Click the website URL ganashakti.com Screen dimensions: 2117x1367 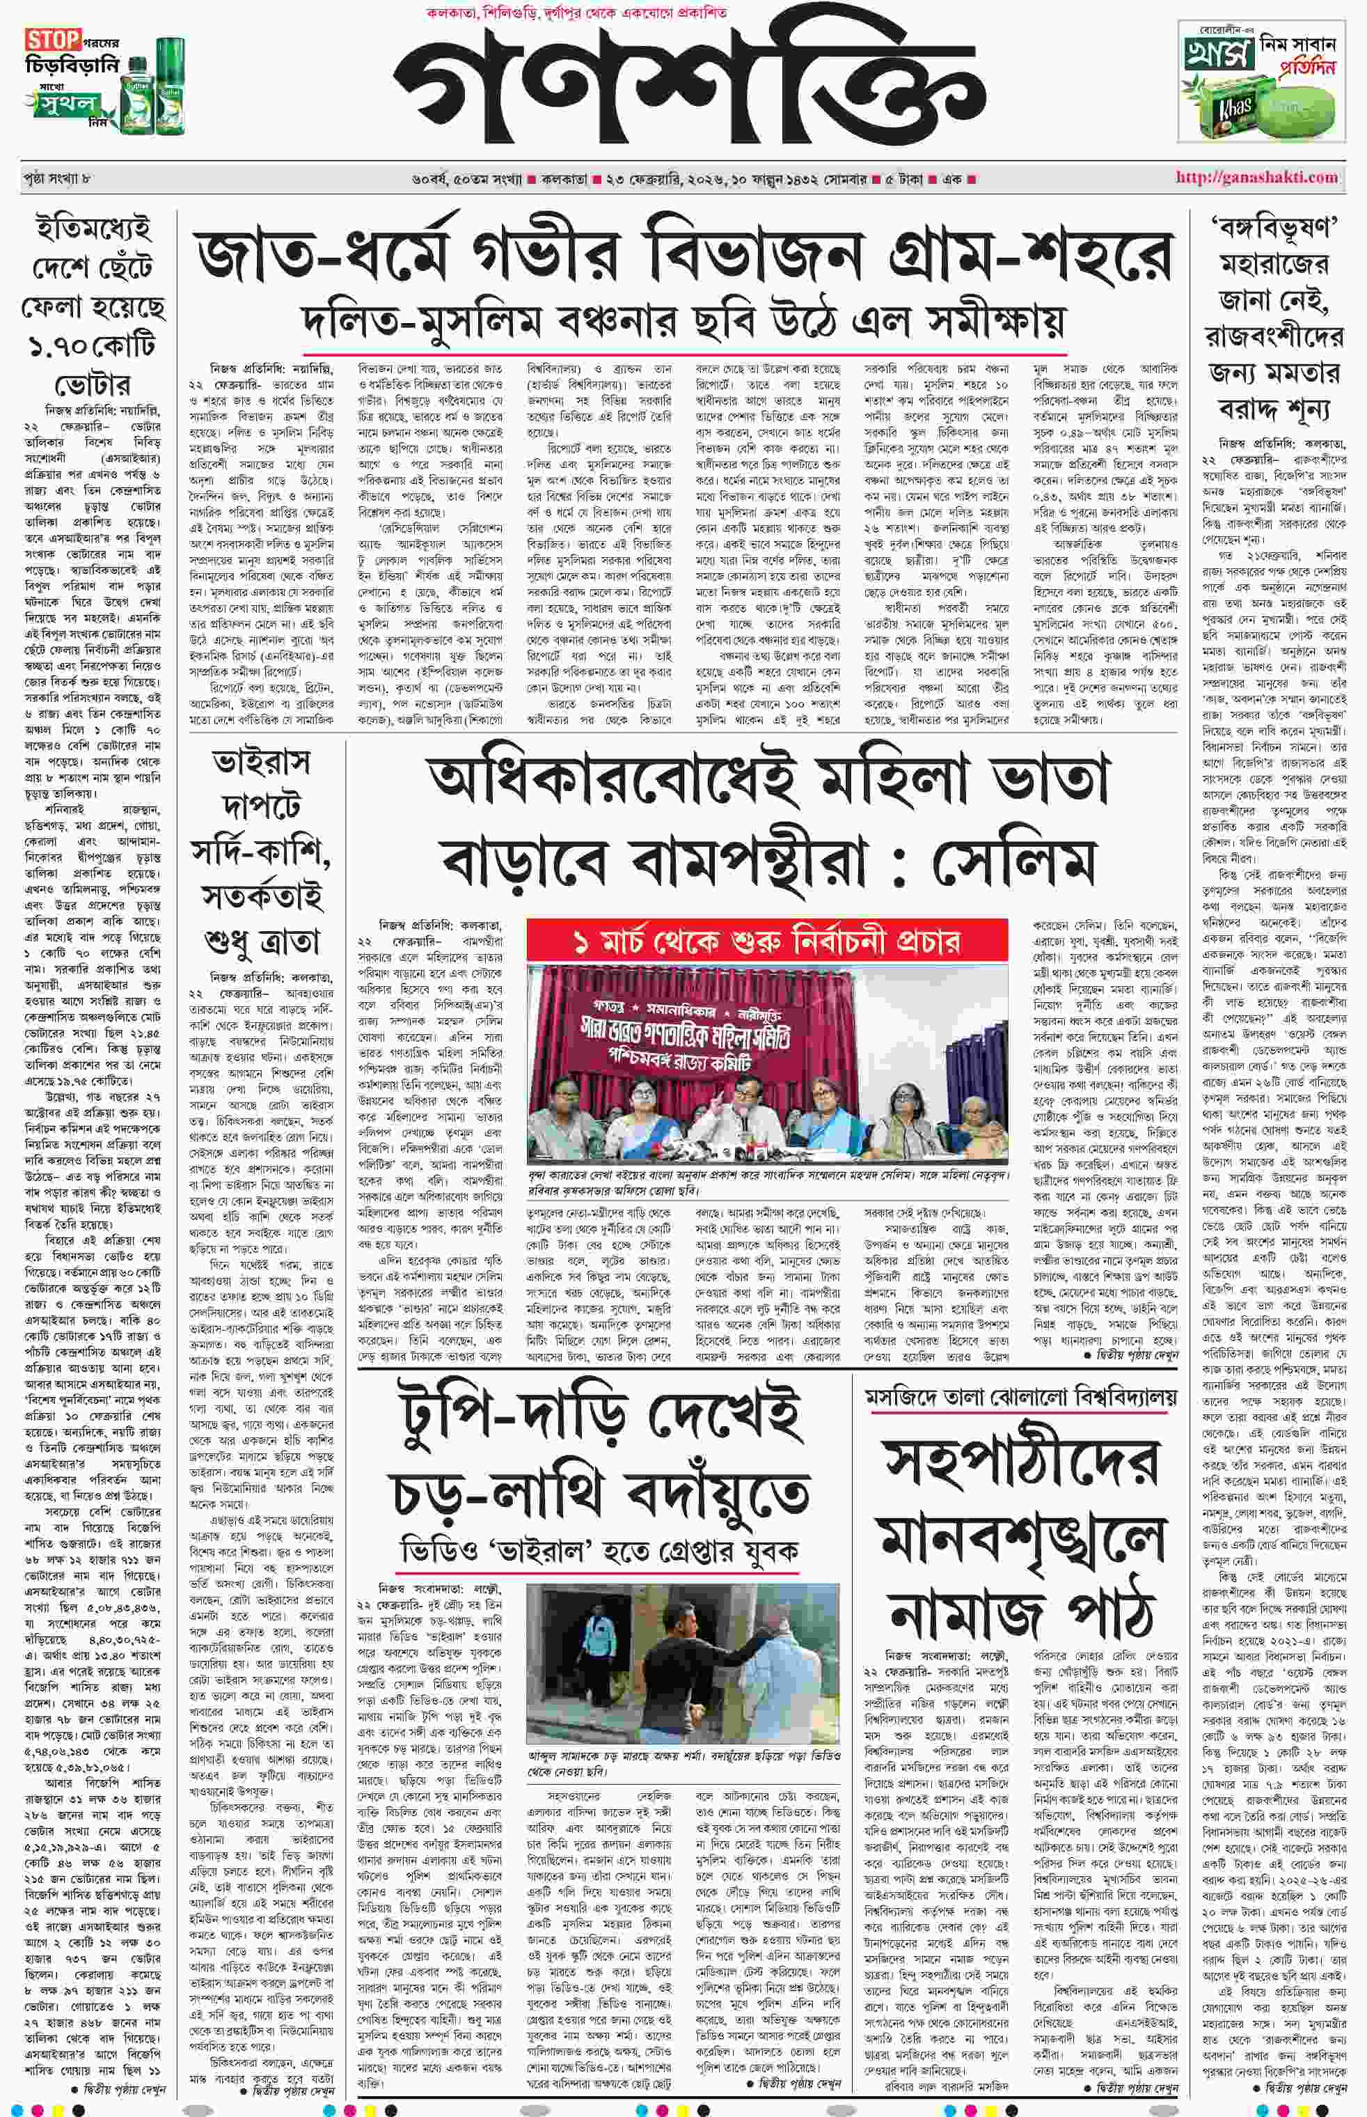pos(1256,178)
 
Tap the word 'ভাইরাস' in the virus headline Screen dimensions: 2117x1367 pos(261,763)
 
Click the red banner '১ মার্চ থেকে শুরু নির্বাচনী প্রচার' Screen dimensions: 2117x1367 pos(767,940)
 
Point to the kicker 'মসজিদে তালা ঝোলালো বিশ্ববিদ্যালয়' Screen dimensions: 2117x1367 pos(1021,1398)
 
